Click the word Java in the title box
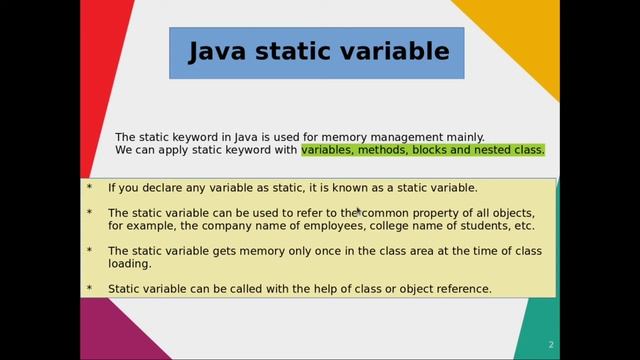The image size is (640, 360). (x=219, y=52)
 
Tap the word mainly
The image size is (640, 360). (x=463, y=137)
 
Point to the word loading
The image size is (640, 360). (x=129, y=264)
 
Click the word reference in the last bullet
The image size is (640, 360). (x=461, y=289)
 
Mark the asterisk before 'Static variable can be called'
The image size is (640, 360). (x=89, y=290)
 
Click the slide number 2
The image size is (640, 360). (x=550, y=345)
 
